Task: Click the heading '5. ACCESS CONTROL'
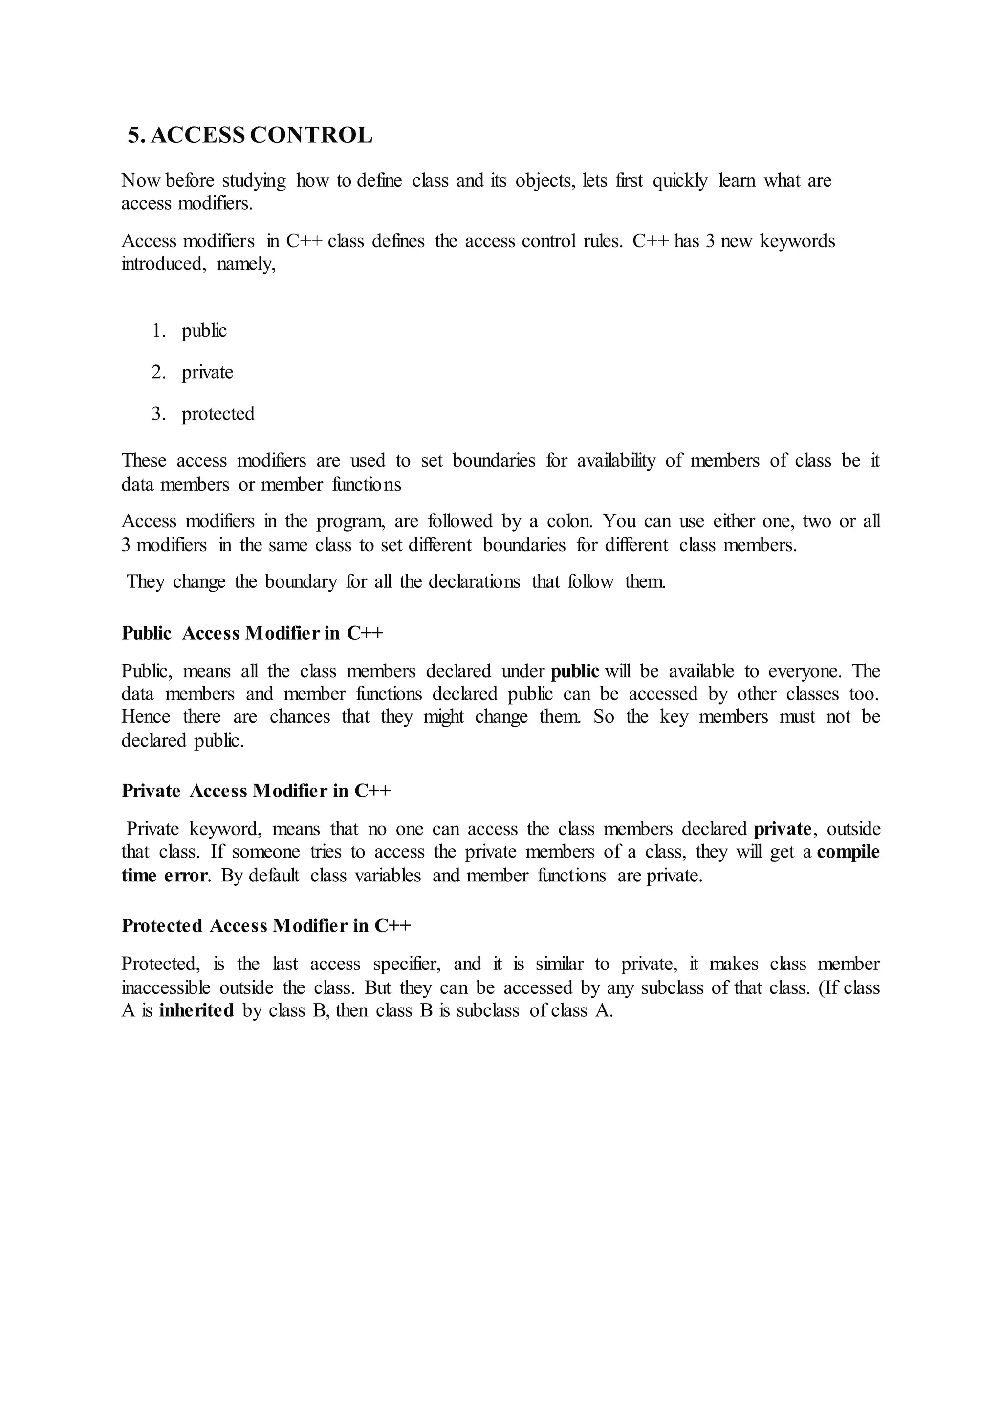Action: click(250, 135)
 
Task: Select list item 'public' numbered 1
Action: click(204, 331)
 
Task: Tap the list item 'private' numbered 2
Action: click(207, 372)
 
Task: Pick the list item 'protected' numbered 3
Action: click(218, 413)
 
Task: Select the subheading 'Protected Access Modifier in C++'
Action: click(266, 926)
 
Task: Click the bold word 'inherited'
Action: click(196, 1011)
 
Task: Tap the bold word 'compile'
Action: click(849, 852)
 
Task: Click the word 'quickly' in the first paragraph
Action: click(680, 181)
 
